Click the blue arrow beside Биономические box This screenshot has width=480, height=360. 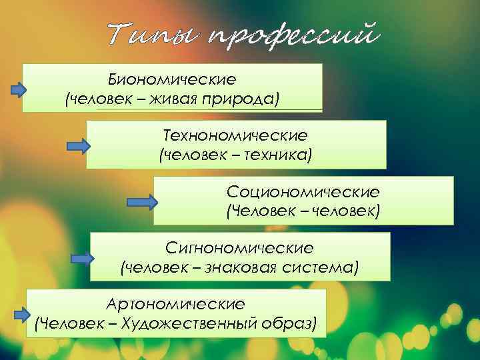pyautogui.click(x=18, y=90)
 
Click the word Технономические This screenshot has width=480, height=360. pyautogui.click(x=236, y=135)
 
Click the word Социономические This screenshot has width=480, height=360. pyautogui.click(x=303, y=192)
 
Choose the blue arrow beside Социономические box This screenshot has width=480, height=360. pyautogui.click(x=142, y=201)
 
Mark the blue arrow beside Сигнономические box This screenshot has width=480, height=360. pyautogui.click(x=83, y=257)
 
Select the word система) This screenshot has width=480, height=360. pyautogui.click(x=323, y=268)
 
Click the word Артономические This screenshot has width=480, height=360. pyautogui.click(x=175, y=304)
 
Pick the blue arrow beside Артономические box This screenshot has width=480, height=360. pyautogui.click(x=23, y=313)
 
